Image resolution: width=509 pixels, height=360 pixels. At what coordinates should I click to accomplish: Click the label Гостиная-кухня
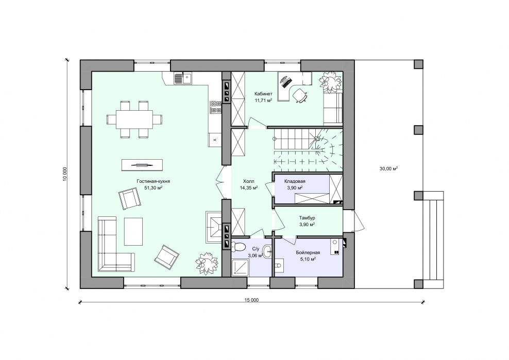pyautogui.click(x=153, y=181)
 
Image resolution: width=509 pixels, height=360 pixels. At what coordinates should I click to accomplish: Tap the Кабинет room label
pyautogui.click(x=264, y=94)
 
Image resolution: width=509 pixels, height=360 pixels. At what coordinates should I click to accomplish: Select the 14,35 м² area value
pyautogui.click(x=249, y=187)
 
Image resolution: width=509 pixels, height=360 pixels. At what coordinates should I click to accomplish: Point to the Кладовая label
pyautogui.click(x=295, y=181)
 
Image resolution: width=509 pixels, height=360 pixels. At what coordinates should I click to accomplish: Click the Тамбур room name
pyautogui.click(x=307, y=218)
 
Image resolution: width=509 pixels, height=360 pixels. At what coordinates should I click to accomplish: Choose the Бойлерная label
pyautogui.click(x=308, y=252)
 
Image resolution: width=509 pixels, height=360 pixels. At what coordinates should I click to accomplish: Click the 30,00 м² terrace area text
pyautogui.click(x=388, y=168)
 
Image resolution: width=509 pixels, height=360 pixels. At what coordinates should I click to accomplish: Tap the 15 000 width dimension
pyautogui.click(x=251, y=300)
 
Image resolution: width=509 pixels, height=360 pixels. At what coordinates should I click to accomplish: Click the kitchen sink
pyautogui.click(x=182, y=79)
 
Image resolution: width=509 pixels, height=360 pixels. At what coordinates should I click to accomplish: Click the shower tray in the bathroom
pyautogui.click(x=240, y=267)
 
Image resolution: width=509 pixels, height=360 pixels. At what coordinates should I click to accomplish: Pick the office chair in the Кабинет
pyautogui.click(x=300, y=95)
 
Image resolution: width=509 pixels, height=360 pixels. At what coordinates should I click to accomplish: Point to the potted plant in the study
pyautogui.click(x=330, y=81)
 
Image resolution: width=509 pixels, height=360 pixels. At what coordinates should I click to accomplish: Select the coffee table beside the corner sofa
pyautogui.click(x=133, y=231)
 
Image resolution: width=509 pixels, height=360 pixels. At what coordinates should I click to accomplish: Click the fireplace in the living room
pyautogui.click(x=214, y=227)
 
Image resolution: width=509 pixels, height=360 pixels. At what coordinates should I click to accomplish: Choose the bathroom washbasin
pyautogui.click(x=267, y=250)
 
